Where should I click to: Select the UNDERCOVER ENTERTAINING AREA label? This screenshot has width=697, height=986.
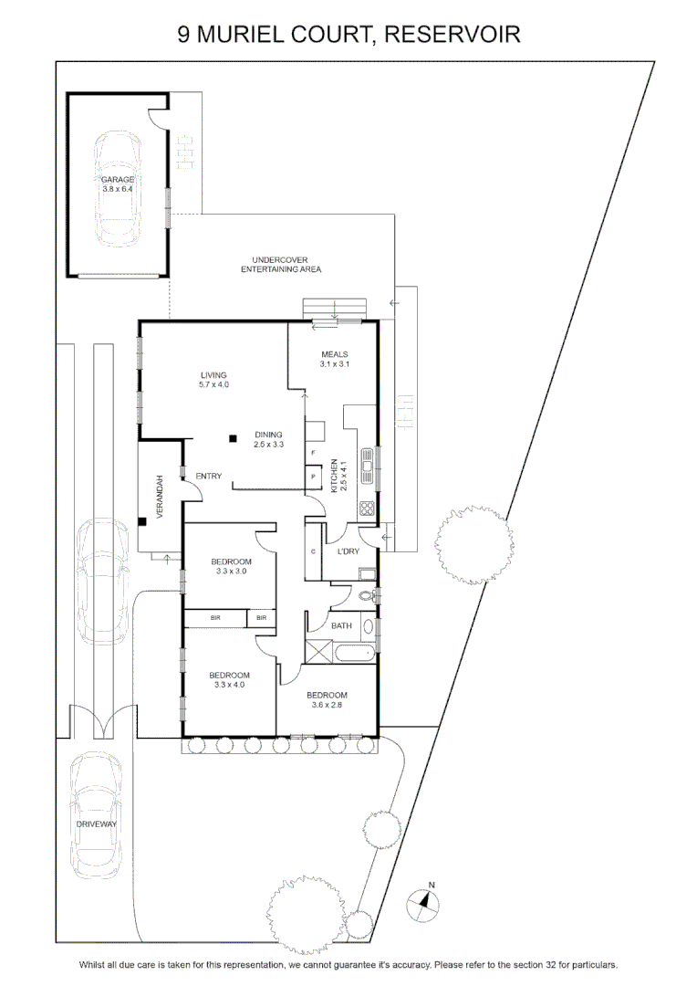tap(280, 264)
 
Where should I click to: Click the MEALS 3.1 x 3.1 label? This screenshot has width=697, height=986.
tap(334, 359)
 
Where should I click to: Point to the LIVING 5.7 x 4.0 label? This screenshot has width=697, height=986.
tap(213, 380)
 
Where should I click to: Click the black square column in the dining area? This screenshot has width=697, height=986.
tap(233, 438)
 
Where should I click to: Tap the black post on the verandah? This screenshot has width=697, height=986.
tap(142, 520)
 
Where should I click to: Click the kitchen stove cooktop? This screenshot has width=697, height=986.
tap(367, 509)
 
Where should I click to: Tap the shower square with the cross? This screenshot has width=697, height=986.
tap(318, 651)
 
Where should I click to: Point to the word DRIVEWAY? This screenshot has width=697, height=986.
tap(96, 823)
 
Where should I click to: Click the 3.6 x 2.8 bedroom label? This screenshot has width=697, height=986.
tap(327, 700)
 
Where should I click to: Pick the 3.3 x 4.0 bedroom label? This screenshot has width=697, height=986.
tap(229, 680)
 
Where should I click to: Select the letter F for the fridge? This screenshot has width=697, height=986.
tap(313, 453)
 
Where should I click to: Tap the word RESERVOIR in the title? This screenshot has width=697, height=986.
tap(452, 34)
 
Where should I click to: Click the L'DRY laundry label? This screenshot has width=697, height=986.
tap(348, 551)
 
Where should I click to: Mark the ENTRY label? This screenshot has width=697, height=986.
tap(209, 476)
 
